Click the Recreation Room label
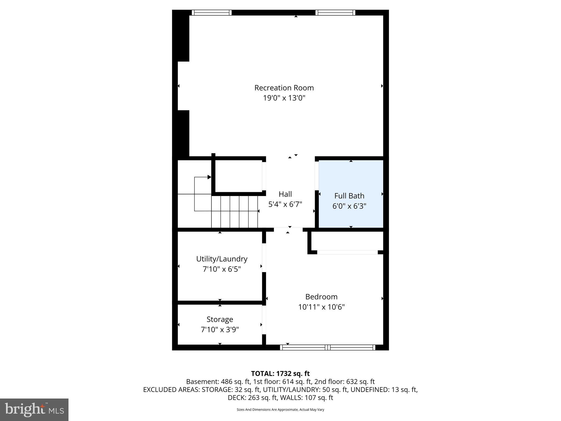coord(284,88)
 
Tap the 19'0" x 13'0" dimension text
coord(284,98)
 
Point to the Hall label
coord(285,194)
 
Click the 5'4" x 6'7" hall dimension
coord(285,204)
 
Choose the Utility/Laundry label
coord(222,259)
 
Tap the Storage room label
coord(220,319)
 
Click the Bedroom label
coord(321,297)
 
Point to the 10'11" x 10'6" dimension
coord(321,307)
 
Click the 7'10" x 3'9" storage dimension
coord(220,329)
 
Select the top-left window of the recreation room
coord(211,13)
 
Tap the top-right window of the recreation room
coord(335,13)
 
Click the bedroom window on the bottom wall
coord(328,348)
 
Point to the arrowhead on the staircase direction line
coord(209,177)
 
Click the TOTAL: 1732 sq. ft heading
coord(280,374)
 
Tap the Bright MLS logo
coord(34,410)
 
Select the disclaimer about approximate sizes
coord(280,409)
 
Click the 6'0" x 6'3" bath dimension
coord(349,206)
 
